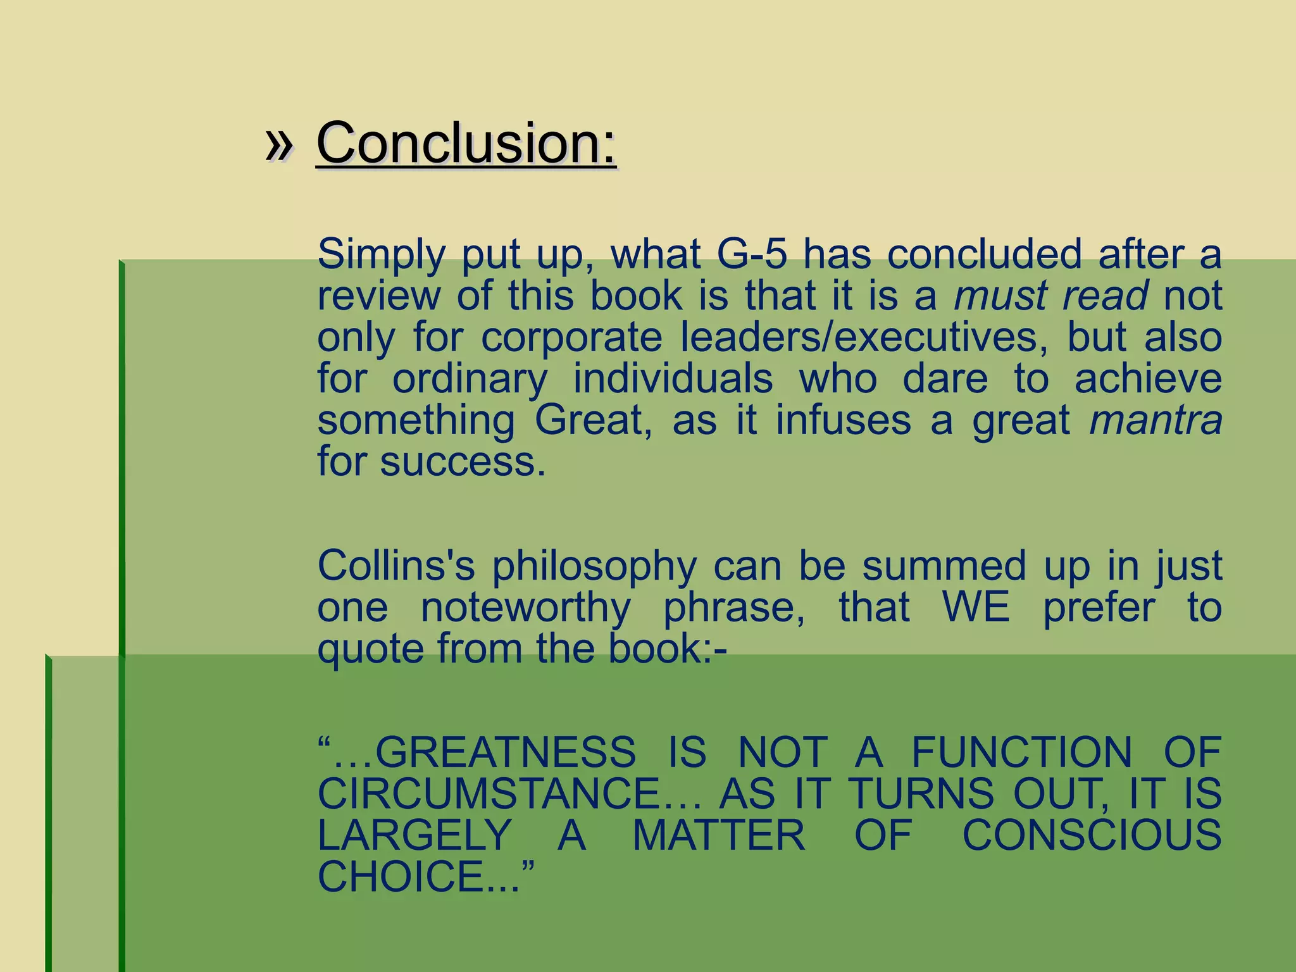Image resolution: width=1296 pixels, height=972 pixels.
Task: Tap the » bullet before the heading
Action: tap(279, 144)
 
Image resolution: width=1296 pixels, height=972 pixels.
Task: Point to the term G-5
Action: tap(752, 254)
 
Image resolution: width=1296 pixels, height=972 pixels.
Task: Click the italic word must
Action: tap(999, 296)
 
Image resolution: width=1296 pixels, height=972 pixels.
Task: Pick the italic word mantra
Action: tap(1156, 420)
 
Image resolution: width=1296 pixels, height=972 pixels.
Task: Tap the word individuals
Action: tap(673, 378)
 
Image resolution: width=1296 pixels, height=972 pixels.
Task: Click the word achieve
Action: tap(1148, 378)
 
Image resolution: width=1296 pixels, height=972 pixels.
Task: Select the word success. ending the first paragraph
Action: tap(462, 461)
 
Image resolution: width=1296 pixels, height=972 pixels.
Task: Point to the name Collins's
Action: tap(396, 565)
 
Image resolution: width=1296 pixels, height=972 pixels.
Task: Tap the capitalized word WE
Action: tap(976, 607)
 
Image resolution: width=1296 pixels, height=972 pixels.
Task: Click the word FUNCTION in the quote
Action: tap(1021, 752)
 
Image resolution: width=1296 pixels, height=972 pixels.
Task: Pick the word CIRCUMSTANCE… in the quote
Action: tap(509, 794)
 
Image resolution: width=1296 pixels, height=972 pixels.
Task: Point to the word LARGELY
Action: tap(414, 835)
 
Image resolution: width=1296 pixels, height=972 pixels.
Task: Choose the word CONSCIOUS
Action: tap(1092, 835)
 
